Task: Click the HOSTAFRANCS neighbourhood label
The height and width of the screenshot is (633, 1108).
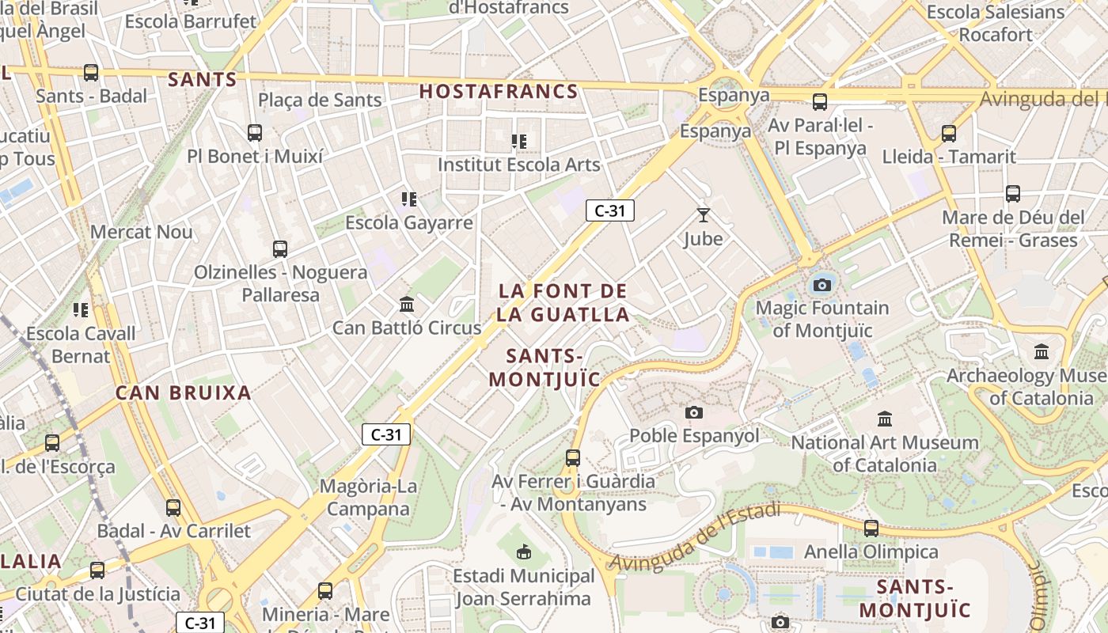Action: click(x=499, y=92)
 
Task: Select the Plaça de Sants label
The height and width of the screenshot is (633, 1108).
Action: click(x=320, y=100)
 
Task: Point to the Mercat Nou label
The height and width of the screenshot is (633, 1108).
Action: click(x=142, y=232)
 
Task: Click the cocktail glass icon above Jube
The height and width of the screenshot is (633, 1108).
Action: click(x=703, y=214)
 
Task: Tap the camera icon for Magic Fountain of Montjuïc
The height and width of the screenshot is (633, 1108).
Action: click(x=822, y=285)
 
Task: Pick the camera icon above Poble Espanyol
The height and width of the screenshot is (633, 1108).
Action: click(x=694, y=412)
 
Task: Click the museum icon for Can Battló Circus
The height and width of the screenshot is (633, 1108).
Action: click(x=407, y=304)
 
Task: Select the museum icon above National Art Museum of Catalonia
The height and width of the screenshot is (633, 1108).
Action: click(x=885, y=419)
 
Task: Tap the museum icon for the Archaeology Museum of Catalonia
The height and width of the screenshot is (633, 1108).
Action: click(x=1042, y=351)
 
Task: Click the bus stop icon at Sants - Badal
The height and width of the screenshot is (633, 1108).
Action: click(x=91, y=73)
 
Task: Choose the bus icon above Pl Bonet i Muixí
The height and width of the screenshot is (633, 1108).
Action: click(x=255, y=132)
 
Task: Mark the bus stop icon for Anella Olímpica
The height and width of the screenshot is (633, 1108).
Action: click(x=871, y=528)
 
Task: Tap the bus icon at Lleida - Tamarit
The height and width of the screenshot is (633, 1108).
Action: click(x=949, y=133)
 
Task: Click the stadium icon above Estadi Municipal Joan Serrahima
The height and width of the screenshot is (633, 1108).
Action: click(x=523, y=552)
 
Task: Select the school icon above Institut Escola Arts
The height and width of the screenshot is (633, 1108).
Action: click(x=519, y=142)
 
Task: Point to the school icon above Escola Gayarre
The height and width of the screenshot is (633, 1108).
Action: click(x=408, y=199)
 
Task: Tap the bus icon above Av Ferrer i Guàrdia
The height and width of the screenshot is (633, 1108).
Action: click(x=573, y=457)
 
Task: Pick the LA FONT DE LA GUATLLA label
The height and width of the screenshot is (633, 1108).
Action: click(x=563, y=302)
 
